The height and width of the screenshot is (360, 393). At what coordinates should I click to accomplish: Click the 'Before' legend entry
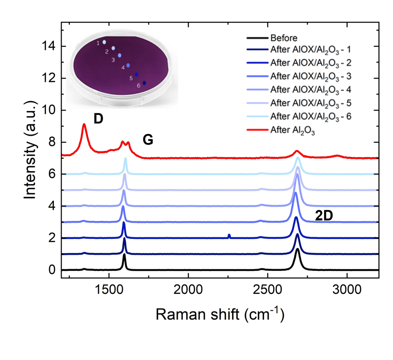coord(284,38)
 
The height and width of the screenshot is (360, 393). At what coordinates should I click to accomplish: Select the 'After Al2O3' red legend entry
coord(292,130)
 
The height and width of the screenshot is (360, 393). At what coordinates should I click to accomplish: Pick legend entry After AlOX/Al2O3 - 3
coord(310,77)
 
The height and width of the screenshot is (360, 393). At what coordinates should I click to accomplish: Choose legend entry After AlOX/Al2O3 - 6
coord(310,117)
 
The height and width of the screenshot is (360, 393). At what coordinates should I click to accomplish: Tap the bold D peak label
coord(98,119)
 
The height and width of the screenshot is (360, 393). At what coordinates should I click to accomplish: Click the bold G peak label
coord(148,140)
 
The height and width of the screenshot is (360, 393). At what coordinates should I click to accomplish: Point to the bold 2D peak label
coord(324,216)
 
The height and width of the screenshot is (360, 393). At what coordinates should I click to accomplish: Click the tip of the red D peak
coord(84,124)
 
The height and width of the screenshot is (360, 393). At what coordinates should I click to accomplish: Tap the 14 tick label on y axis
coord(48,46)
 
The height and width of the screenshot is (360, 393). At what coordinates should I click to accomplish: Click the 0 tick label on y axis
coord(52,270)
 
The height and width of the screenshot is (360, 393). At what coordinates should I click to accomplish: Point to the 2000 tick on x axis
coord(188,290)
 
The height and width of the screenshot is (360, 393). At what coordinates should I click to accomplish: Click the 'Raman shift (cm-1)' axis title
coord(220,315)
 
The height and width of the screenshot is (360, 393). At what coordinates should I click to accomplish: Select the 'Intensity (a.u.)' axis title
coord(30,151)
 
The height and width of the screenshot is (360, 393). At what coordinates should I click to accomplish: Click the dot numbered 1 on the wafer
coord(104,42)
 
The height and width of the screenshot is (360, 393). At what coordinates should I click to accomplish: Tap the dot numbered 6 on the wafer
coord(144,83)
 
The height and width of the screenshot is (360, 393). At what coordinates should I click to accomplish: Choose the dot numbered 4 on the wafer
coord(128,65)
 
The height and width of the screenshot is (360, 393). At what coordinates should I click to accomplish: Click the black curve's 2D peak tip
coord(297,249)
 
